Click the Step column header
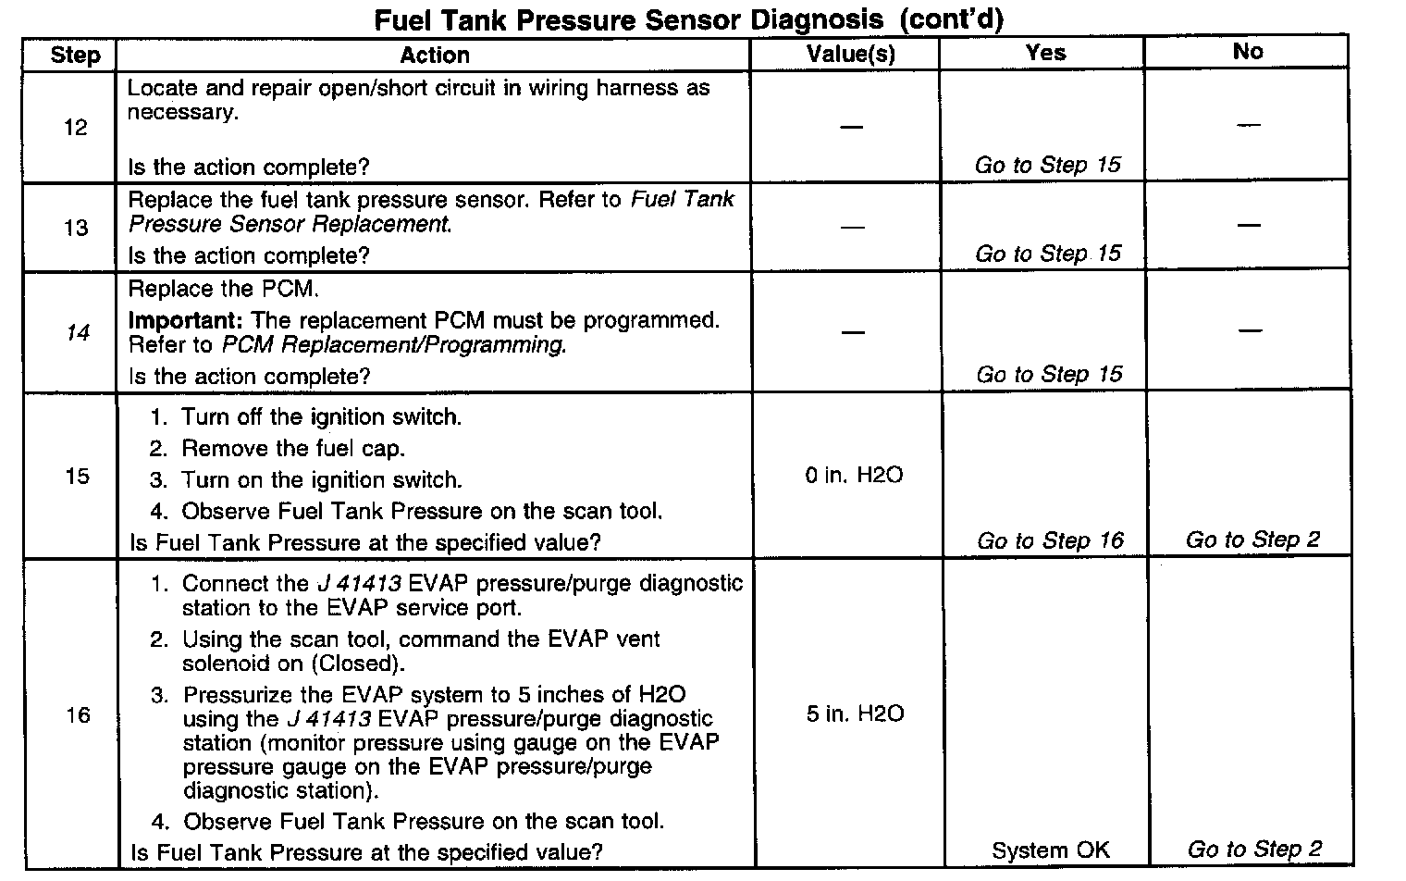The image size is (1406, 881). pos(75,55)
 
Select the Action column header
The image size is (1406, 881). pos(434,55)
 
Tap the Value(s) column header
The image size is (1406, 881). pos(851,54)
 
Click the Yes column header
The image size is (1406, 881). pos(1045,53)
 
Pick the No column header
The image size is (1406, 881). pos(1247,52)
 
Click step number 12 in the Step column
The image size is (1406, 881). pos(76,128)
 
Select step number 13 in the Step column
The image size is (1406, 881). pos(76,228)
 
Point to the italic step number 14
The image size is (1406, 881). pos(78,332)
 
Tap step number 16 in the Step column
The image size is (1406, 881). pos(79,715)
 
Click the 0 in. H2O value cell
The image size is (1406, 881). pos(854,476)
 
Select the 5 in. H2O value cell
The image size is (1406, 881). pos(855,713)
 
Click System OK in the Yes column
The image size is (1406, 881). pos(1050,850)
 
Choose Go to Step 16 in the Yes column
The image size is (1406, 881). pos(1050,540)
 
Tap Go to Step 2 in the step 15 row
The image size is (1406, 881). pos(1252,540)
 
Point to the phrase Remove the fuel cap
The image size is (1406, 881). pos(292,449)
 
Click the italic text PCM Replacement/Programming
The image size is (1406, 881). pos(393,345)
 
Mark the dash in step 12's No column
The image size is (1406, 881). pos(1248,125)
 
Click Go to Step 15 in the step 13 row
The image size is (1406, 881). pos(1048,254)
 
